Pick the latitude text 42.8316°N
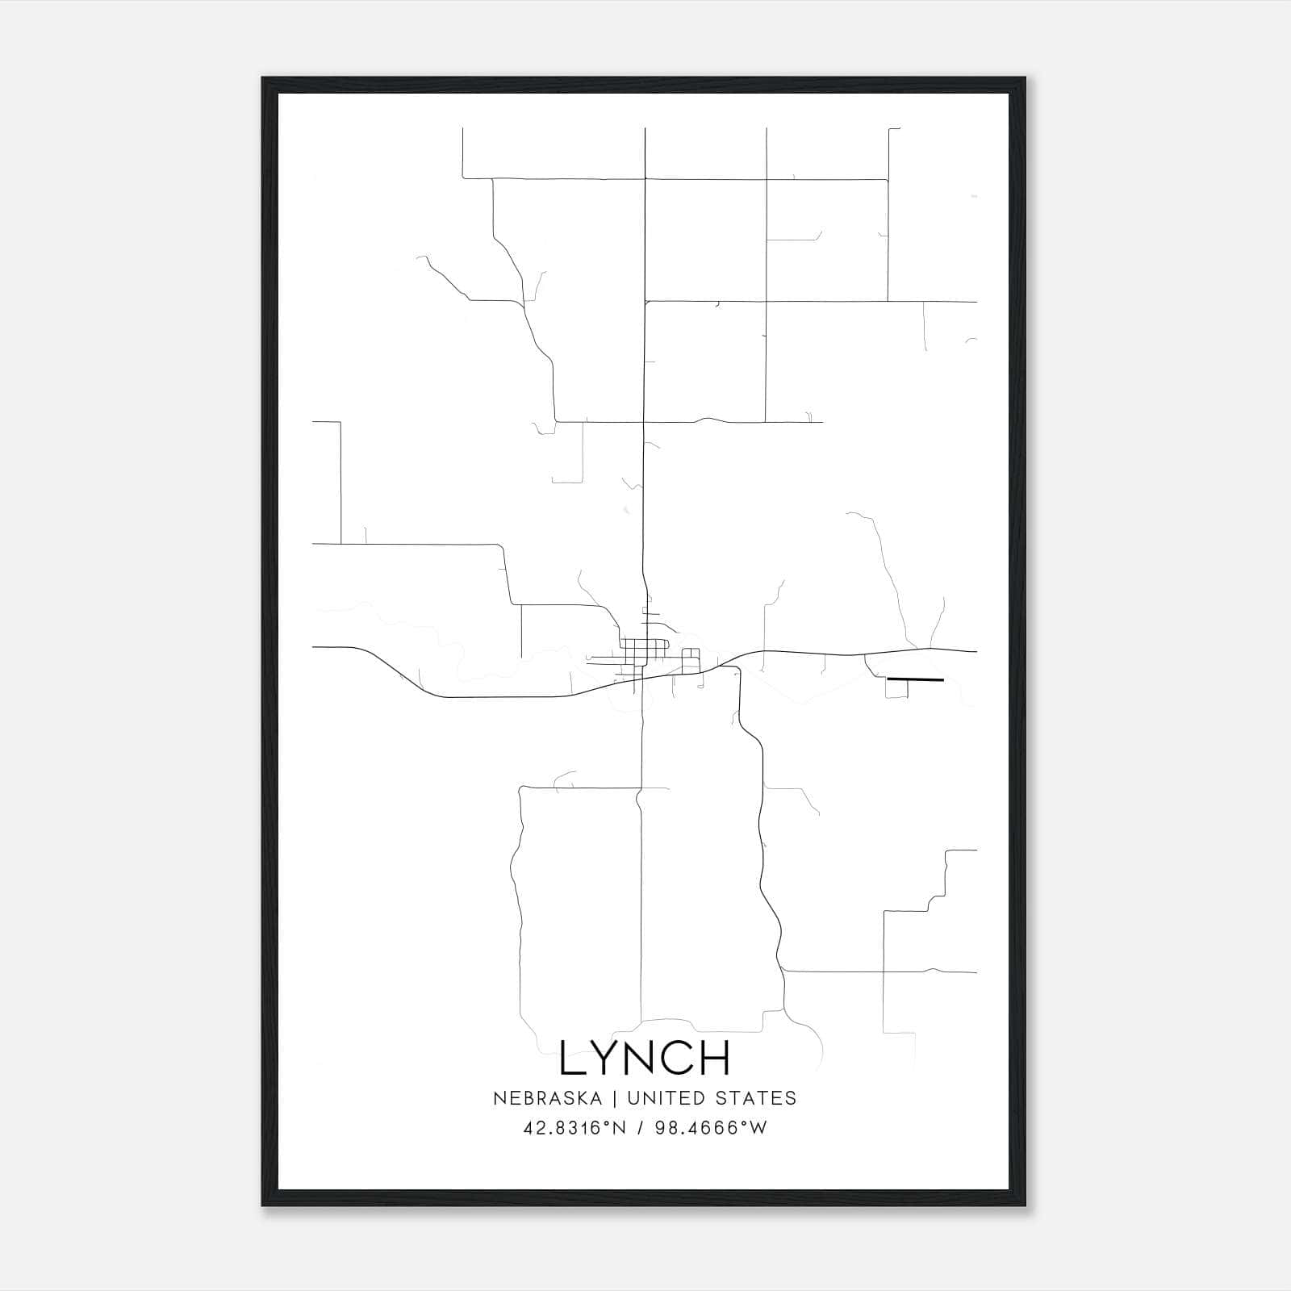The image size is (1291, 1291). point(574,1128)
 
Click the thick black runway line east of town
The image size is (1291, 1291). point(915,679)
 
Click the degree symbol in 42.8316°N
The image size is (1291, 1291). point(608,1122)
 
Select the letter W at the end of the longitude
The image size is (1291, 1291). point(758,1128)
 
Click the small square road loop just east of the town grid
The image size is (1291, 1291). point(691,661)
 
